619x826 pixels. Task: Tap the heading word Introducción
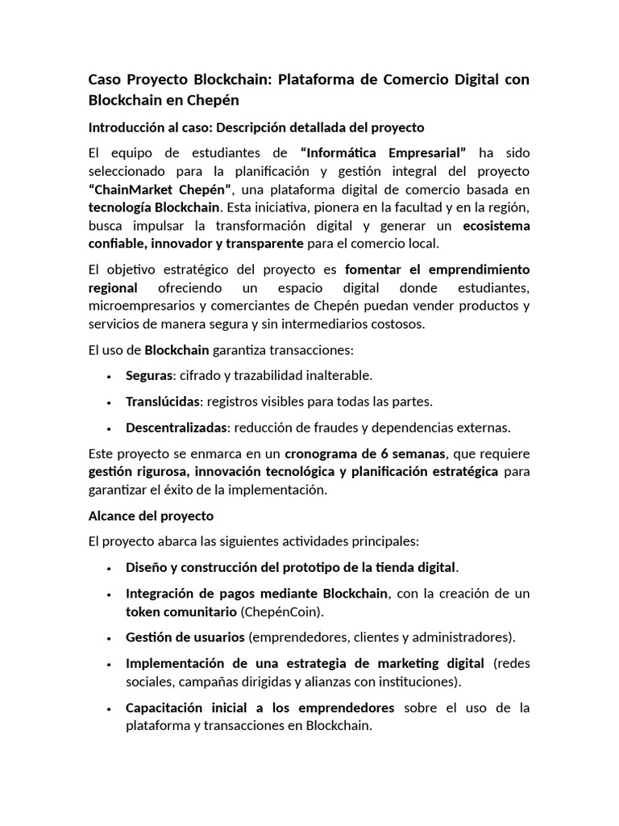(125, 127)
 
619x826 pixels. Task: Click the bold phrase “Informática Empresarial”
(383, 152)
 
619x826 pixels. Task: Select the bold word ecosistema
(496, 225)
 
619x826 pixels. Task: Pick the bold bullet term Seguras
(149, 375)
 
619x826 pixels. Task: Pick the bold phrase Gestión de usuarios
(185, 636)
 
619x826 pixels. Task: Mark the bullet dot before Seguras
(109, 376)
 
